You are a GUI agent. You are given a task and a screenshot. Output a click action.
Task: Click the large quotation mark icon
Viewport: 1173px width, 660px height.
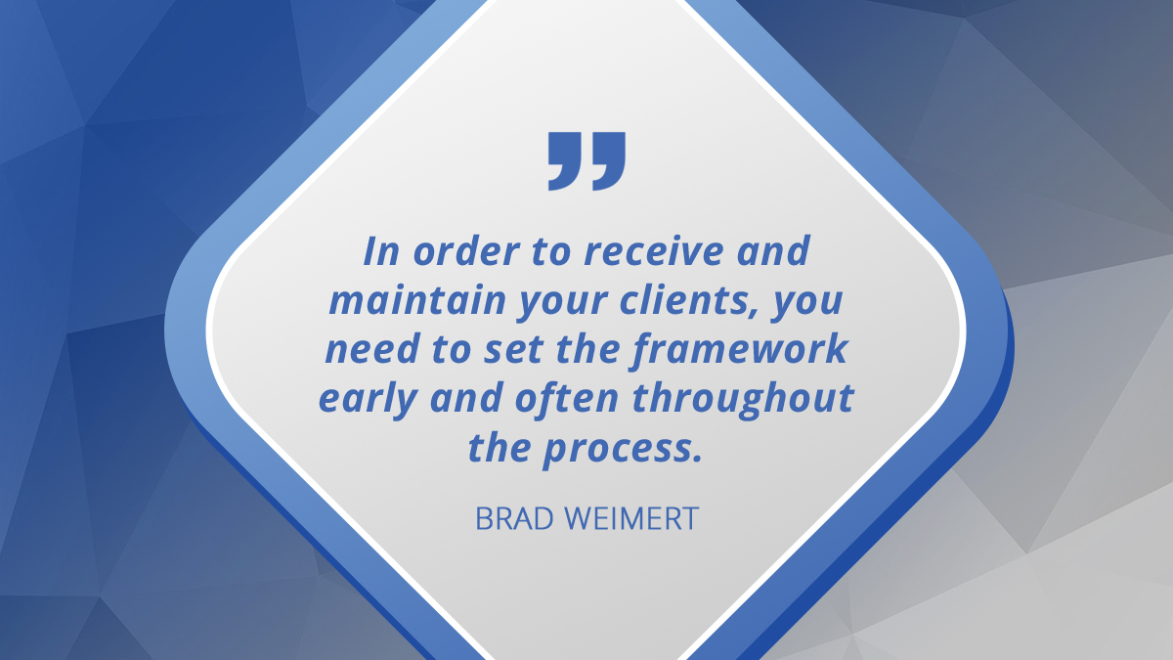point(586,159)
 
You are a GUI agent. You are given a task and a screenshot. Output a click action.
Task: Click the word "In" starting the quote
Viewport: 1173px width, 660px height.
point(379,252)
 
